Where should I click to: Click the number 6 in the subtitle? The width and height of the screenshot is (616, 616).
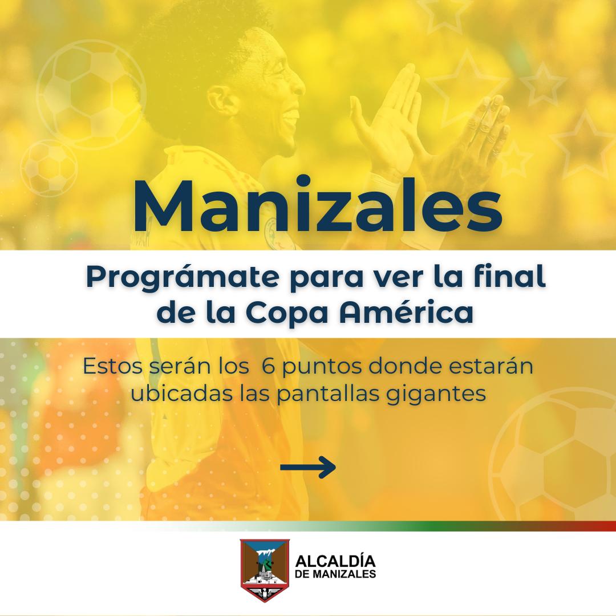(x=266, y=366)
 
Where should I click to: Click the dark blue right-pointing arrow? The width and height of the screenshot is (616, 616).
(x=307, y=468)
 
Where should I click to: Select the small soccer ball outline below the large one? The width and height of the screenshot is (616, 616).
(x=50, y=168)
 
